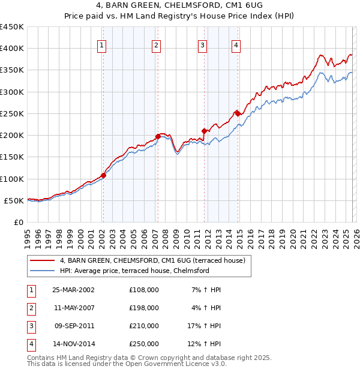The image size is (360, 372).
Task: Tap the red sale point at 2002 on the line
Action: [x=103, y=175]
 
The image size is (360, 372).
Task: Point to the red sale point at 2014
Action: [x=237, y=113]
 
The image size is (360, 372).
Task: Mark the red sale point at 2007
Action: [x=158, y=136]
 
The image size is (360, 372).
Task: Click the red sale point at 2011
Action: [x=204, y=131]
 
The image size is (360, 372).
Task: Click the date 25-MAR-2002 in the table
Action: [x=73, y=290]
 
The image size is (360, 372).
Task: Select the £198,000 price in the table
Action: [x=144, y=308]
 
